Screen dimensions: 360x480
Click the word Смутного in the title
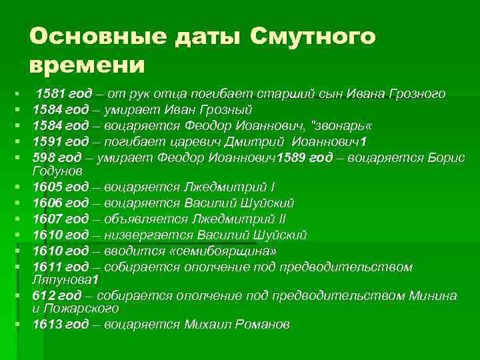tap(314, 36)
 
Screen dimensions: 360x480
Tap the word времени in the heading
tap(87, 66)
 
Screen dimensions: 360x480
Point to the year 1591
tap(47, 141)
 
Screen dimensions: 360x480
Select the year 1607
tap(47, 219)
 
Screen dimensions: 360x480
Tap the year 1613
tap(47, 325)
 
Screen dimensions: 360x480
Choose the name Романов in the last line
tap(265, 325)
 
